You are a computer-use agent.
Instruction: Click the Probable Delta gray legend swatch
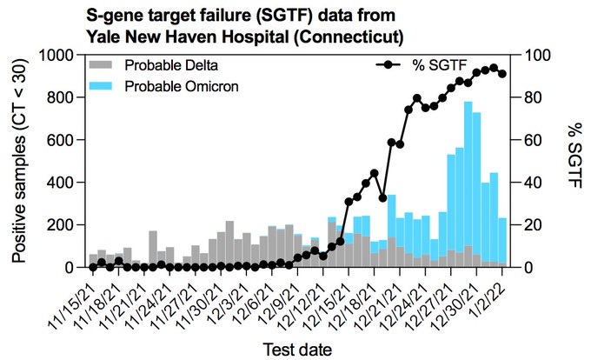coord(102,66)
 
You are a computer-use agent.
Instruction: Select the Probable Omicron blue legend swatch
coord(102,86)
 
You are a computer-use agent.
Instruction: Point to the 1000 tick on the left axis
coord(63,55)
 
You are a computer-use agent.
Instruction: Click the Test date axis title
coord(297,349)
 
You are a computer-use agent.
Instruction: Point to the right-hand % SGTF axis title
coord(573,161)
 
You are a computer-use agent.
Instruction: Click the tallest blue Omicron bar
coord(468,174)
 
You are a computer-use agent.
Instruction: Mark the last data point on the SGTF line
coord(502,74)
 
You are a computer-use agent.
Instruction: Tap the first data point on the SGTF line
coord(93,266)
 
